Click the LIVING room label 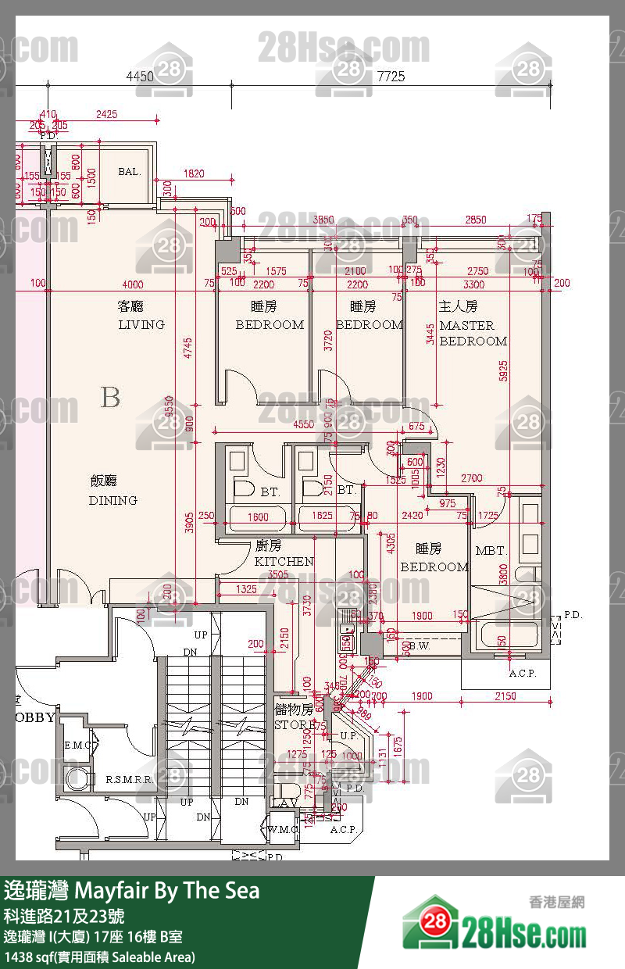tap(141, 324)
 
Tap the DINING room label tap(112, 500)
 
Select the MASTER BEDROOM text tap(473, 333)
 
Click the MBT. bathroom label tap(491, 551)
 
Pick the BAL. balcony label tap(130, 171)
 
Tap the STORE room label tap(294, 724)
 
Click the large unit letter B tap(110, 397)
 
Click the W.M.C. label tap(283, 829)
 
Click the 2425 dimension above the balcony tap(107, 114)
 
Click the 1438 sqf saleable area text tap(100, 956)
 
